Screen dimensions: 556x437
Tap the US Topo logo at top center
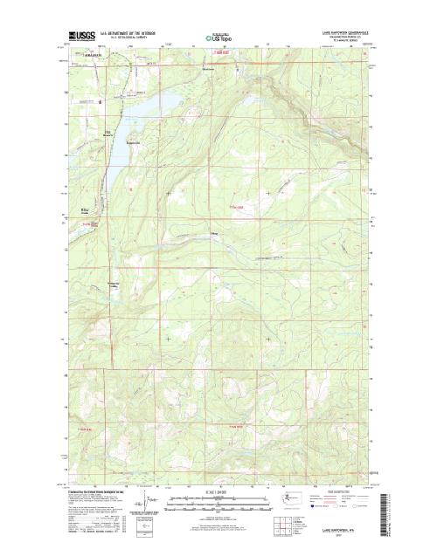218,38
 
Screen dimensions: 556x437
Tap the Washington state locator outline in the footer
296,502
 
